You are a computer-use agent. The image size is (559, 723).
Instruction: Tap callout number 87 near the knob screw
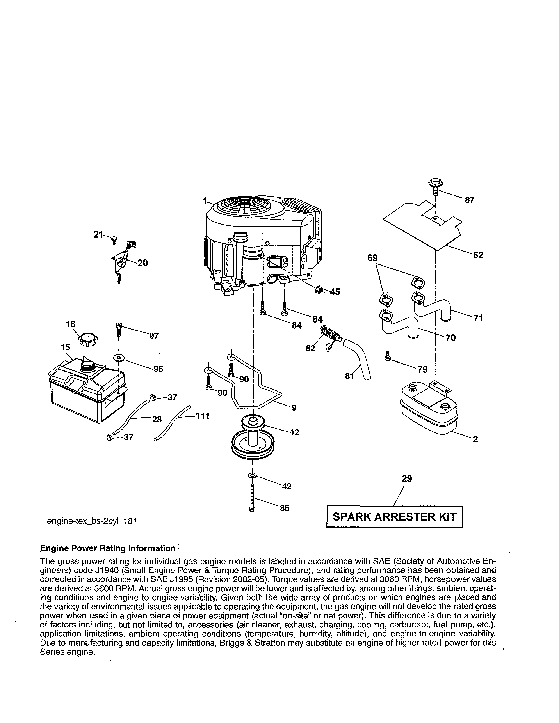(x=469, y=200)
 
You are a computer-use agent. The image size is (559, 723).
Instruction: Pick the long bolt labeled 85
(x=252, y=498)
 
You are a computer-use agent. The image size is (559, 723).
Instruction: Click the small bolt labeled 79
(x=387, y=356)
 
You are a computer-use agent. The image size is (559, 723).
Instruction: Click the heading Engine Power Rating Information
(x=108, y=548)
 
